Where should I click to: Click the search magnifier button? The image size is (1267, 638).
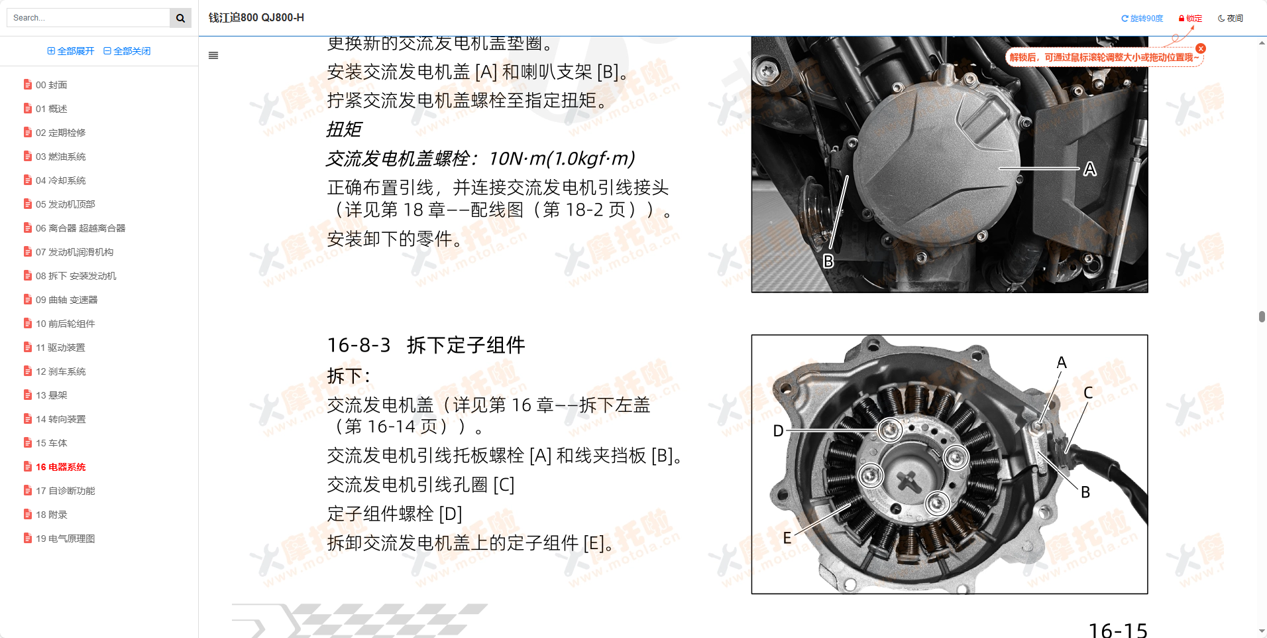(180, 18)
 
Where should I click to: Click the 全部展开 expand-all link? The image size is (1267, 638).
(71, 51)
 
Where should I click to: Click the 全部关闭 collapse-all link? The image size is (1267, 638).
(127, 51)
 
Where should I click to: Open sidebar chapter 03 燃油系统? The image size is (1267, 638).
(60, 157)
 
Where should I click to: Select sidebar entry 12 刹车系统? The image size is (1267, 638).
(60, 371)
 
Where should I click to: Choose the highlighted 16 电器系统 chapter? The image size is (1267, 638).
(60, 467)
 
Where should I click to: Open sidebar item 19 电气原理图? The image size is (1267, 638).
(65, 539)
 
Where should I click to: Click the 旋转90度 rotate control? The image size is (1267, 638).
(1142, 19)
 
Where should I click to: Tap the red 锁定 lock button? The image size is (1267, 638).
(1190, 19)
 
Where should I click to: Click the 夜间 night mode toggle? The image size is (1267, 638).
(1231, 19)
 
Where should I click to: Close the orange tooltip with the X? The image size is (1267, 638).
(1201, 48)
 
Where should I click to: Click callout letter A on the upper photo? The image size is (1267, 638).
(1089, 170)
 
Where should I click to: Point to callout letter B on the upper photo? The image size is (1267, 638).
(828, 261)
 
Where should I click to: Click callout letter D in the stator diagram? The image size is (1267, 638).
(779, 431)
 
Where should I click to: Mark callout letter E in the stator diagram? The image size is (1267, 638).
(787, 538)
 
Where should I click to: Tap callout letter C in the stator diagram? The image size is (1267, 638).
(1087, 393)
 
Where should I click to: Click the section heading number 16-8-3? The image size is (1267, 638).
(358, 346)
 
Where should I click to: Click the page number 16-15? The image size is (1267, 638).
(1117, 629)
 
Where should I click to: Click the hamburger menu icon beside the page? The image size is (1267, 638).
(213, 56)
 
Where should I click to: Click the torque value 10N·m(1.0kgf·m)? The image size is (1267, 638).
(561, 159)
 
